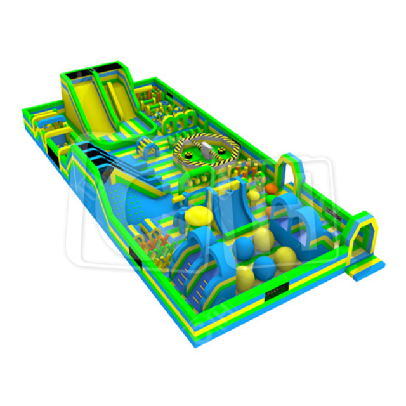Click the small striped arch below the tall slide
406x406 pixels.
pyautogui.click(x=150, y=150)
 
